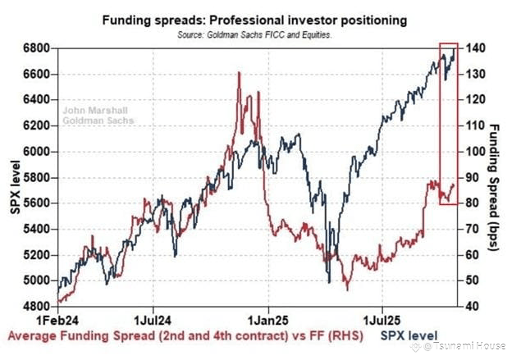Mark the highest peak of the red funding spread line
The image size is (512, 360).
(x=239, y=73)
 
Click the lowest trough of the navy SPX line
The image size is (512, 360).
(x=330, y=283)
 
